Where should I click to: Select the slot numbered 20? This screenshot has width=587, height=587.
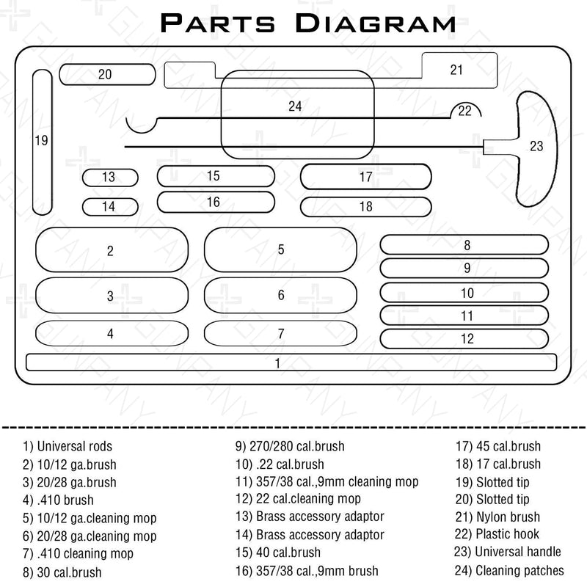tap(106, 74)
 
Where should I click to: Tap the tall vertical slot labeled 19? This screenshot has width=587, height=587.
tap(42, 139)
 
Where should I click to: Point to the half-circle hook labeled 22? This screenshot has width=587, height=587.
tap(465, 111)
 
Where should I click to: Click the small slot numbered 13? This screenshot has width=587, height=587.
tap(109, 177)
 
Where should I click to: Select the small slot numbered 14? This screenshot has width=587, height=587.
tap(109, 207)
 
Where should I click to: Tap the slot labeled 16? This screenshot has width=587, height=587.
tap(214, 202)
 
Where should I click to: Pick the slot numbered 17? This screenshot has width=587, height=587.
tap(365, 177)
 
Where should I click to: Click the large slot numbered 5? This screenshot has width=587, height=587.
tap(280, 249)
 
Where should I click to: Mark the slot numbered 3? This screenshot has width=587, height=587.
tap(110, 296)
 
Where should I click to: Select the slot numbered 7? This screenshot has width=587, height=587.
tap(280, 334)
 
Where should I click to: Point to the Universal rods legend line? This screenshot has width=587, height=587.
tap(68, 446)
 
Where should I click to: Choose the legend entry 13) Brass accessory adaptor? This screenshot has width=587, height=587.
tap(310, 517)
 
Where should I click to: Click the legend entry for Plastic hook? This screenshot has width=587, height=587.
tap(497, 534)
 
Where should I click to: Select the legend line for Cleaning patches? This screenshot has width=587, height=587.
tap(509, 570)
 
